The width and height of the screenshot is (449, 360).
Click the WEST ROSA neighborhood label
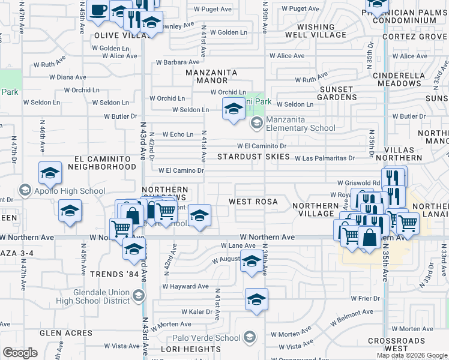coord(253,202)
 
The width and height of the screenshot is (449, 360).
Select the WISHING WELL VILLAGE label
coord(315,31)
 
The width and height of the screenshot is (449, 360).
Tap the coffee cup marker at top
coord(98,10)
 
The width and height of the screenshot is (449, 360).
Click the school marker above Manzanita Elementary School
coord(234,109)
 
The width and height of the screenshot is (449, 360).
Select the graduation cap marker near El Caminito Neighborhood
coord(50,173)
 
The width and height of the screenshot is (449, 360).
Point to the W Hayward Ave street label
coord(185,286)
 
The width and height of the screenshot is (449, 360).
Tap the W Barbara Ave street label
coord(178,62)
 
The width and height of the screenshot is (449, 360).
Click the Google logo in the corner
coord(20,353)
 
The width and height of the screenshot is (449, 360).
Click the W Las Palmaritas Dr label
coord(325,158)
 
